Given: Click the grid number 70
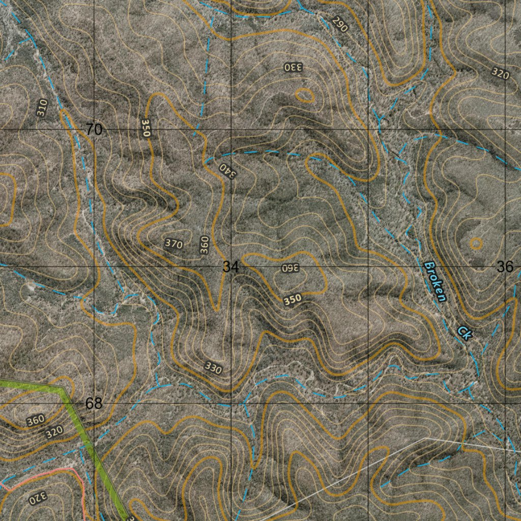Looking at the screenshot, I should [x=94, y=130].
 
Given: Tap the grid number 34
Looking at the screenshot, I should [x=230, y=267].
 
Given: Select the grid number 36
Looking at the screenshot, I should [x=505, y=267].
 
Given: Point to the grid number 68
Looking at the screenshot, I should [x=94, y=403].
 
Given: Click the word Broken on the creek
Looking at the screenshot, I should [x=435, y=281].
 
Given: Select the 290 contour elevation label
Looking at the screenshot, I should [x=339, y=24].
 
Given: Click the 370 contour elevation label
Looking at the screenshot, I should [x=173, y=244].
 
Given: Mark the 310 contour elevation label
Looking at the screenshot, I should [x=42, y=108].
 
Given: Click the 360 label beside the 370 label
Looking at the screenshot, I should [x=204, y=245].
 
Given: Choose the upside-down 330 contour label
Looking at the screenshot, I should [x=293, y=67].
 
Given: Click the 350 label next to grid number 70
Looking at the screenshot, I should [x=146, y=128].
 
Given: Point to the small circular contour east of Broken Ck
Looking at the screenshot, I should [x=475, y=243].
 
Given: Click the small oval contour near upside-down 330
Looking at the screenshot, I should [x=304, y=95].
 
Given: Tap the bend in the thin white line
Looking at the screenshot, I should [x=425, y=438].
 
